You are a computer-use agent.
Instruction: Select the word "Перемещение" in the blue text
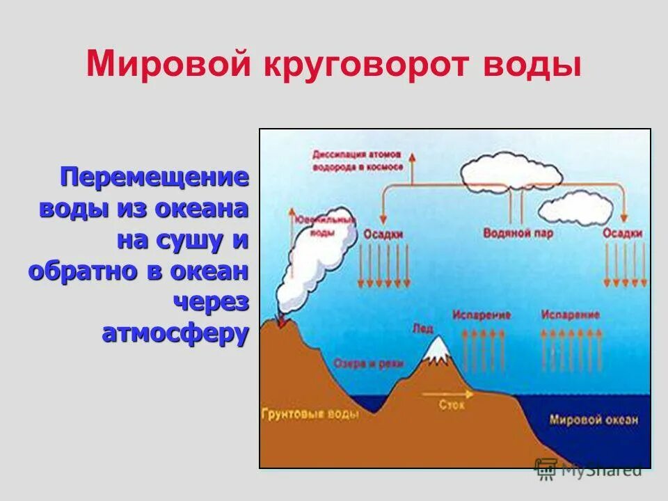pyautogui.click(x=154, y=177)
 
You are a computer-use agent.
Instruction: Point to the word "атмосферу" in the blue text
pyautogui.click(x=175, y=333)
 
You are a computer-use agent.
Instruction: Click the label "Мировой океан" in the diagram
pyautogui.click(x=593, y=420)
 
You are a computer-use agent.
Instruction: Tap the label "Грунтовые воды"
pyautogui.click(x=310, y=415)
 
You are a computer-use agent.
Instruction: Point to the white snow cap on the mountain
pyautogui.click(x=438, y=352)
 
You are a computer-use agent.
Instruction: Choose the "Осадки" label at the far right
pyautogui.click(x=622, y=234)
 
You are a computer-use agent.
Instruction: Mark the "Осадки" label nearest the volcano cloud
pyautogui.click(x=383, y=234)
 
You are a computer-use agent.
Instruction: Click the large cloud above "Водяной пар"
pyautogui.click(x=511, y=170)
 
